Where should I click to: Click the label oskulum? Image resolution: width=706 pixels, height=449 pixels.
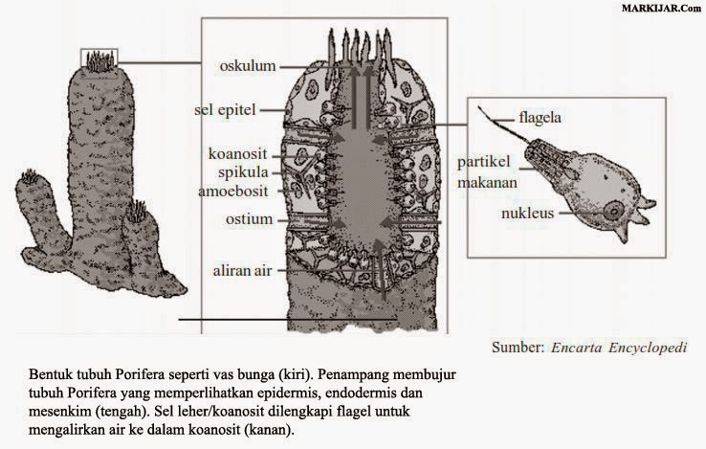click(x=247, y=65)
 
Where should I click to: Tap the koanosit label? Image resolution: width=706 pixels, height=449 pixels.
click(x=243, y=154)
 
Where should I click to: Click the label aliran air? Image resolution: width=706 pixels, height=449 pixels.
click(x=243, y=271)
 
